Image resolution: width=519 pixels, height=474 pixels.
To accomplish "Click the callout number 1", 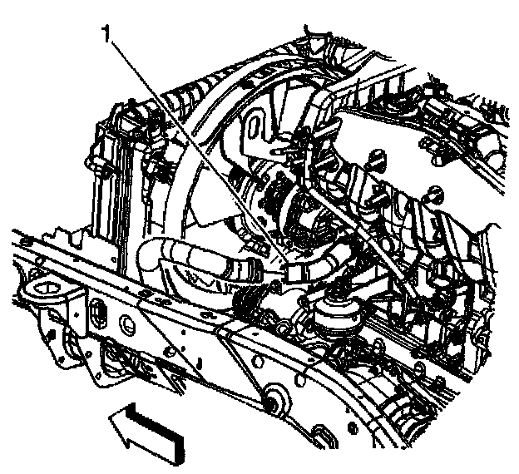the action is [106, 34].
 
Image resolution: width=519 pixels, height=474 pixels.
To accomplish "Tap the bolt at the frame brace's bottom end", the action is [272, 401].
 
